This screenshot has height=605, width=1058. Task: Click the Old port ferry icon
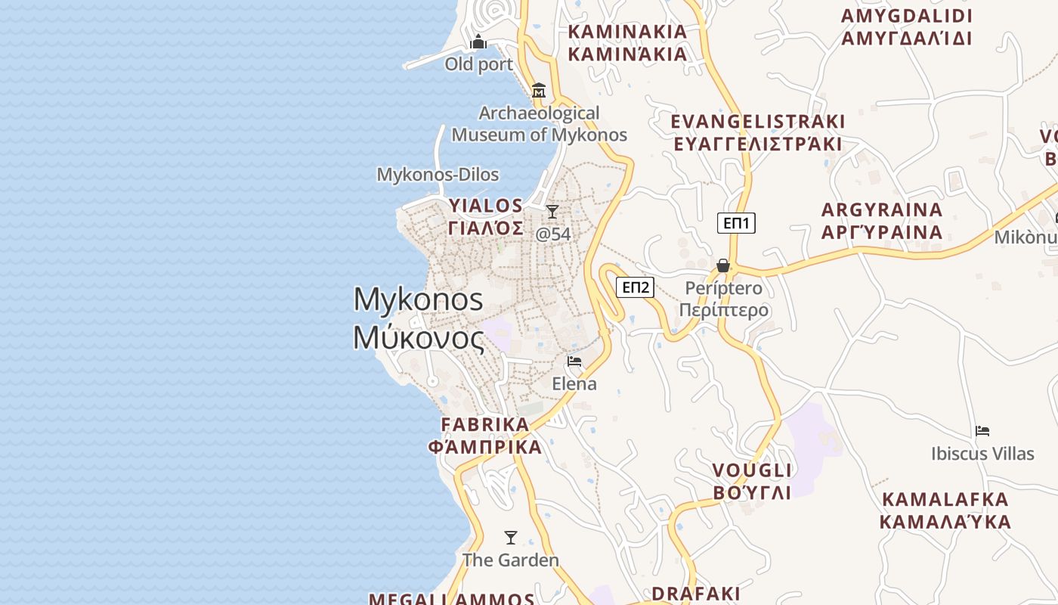click(478, 42)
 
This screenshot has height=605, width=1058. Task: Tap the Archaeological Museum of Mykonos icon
click(539, 91)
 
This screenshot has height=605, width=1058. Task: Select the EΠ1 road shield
click(736, 223)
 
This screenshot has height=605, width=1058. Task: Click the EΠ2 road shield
click(635, 287)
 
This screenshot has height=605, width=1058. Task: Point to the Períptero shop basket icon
click(723, 265)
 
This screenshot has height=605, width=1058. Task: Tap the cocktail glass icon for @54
click(552, 211)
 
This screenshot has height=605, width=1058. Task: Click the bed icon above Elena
click(574, 361)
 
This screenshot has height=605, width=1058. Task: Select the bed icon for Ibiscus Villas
click(982, 431)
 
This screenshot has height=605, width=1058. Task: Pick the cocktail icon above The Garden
click(511, 538)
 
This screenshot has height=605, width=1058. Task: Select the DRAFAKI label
click(696, 593)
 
